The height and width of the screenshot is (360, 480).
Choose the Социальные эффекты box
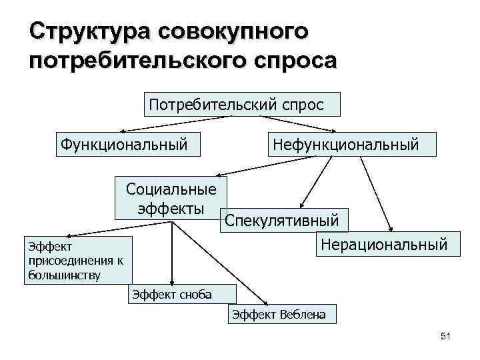click(171, 198)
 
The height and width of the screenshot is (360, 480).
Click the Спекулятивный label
click(282, 220)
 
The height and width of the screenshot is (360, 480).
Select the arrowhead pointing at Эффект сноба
click(173, 283)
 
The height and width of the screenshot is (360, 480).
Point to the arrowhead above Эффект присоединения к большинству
click(71, 234)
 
